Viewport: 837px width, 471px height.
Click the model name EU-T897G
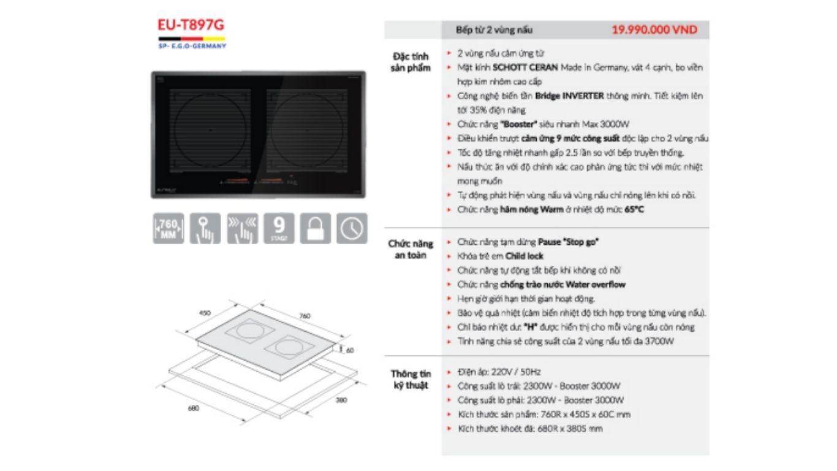(x=191, y=25)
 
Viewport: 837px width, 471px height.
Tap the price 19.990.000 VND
(x=654, y=30)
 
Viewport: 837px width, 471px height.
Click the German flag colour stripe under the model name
(x=191, y=39)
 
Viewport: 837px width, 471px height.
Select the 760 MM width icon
(x=169, y=228)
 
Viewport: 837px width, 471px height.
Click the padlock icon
(x=315, y=228)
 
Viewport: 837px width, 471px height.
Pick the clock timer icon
(x=352, y=228)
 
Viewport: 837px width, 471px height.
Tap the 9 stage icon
(x=278, y=228)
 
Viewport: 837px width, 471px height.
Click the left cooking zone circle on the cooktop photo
(x=210, y=131)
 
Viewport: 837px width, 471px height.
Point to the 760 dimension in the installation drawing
(x=305, y=316)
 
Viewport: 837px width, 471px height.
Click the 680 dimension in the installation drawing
(x=194, y=408)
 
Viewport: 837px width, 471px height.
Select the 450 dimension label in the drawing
(x=205, y=313)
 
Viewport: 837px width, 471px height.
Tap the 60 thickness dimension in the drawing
(x=350, y=350)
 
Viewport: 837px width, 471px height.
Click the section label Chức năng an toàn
(x=407, y=249)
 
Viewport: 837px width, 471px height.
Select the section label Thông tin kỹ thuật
(x=411, y=379)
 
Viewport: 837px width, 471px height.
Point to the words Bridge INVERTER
(x=569, y=96)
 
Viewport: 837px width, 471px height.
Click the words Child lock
(x=524, y=256)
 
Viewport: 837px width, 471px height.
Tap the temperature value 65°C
(x=634, y=209)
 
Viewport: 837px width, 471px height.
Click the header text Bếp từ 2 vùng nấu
(x=494, y=30)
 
